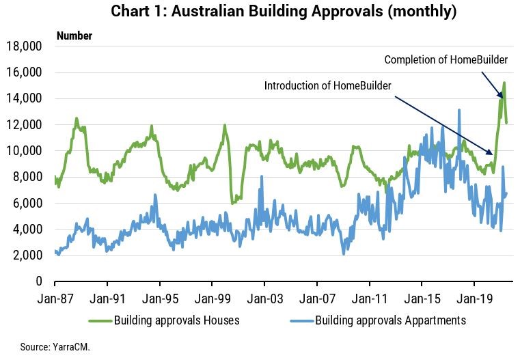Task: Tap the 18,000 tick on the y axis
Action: click(24, 46)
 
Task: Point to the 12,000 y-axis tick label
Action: click(24, 125)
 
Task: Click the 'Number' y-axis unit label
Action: click(74, 36)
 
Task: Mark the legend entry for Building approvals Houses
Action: click(163, 320)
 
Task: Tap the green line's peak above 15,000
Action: click(504, 83)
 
